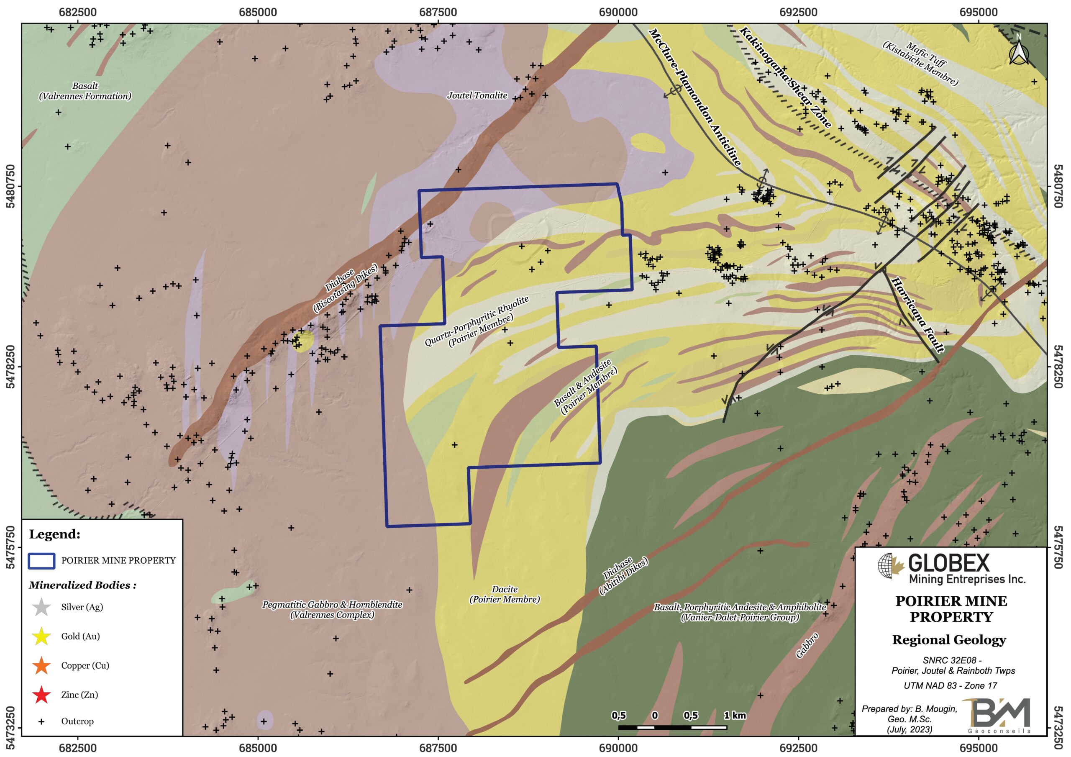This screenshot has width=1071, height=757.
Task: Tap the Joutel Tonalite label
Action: [477, 96]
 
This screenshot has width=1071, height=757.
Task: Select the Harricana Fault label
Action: [917, 315]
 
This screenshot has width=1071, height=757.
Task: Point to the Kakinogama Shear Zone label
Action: [785, 77]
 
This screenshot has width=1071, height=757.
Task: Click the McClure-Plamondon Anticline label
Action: [694, 97]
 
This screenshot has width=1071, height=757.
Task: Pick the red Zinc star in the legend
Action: [41, 695]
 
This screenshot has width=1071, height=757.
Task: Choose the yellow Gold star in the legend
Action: [41, 636]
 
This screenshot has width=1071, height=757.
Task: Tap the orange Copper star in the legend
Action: [41, 665]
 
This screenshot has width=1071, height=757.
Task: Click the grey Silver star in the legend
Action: [41, 607]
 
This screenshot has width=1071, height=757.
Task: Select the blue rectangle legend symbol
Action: [41, 560]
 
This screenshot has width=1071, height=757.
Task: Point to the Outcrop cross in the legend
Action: [41, 721]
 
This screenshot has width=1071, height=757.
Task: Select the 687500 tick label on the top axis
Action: [438, 13]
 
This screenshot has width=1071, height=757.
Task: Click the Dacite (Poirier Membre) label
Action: [504, 594]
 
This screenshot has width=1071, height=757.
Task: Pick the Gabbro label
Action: [807, 645]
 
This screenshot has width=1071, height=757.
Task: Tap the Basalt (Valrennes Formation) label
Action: [85, 91]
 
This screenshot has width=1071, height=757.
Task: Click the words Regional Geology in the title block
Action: [949, 640]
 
